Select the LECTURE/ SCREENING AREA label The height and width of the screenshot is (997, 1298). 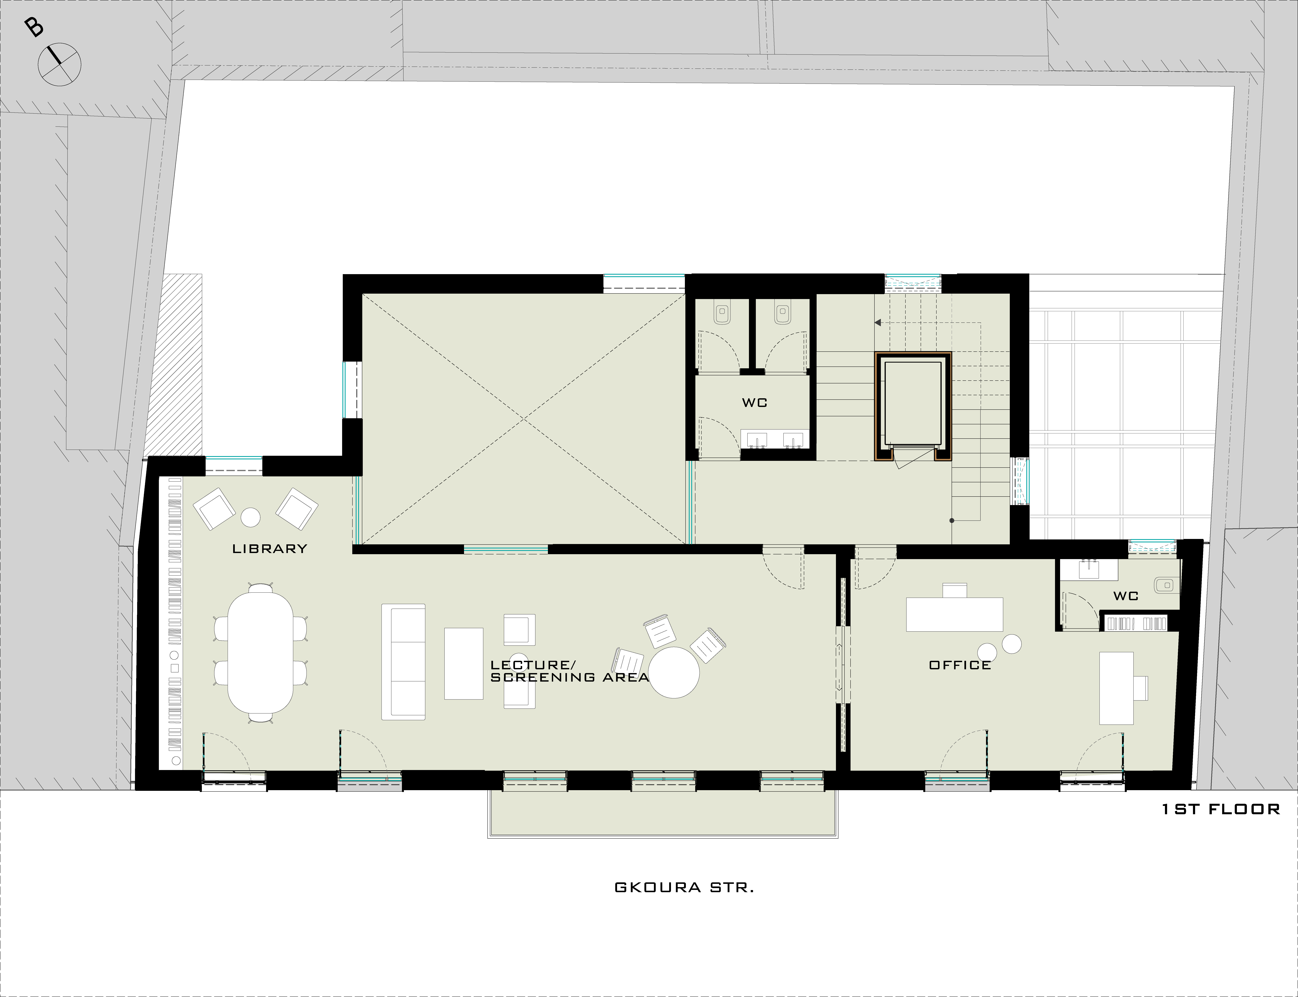(x=569, y=671)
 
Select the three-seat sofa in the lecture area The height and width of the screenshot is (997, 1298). (x=404, y=662)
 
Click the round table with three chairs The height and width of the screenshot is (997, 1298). (x=674, y=672)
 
